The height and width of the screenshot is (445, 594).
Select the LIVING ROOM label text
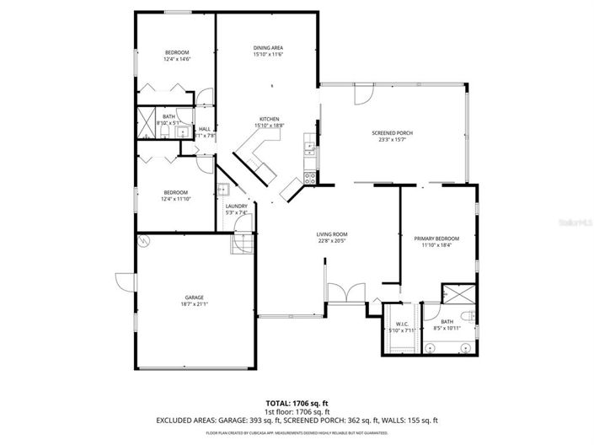click(332, 234)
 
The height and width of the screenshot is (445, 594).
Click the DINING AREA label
click(268, 47)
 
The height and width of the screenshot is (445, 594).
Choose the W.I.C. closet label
click(401, 324)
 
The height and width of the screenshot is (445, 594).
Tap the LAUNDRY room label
click(236, 206)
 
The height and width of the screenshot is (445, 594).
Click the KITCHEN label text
click(269, 119)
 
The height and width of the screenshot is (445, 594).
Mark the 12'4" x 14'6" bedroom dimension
click(177, 59)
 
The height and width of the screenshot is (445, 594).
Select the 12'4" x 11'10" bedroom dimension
click(177, 199)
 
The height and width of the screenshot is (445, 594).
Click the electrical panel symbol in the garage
click(144, 241)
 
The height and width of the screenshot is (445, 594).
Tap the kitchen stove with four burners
click(309, 177)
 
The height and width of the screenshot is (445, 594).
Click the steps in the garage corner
click(242, 244)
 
